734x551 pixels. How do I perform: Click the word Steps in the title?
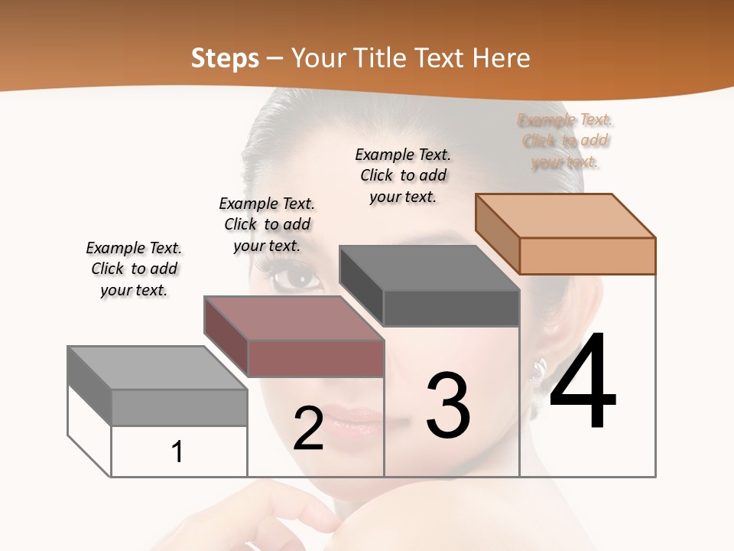click(x=225, y=58)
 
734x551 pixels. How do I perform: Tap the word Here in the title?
click(x=501, y=58)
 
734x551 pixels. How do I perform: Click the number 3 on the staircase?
click(x=448, y=406)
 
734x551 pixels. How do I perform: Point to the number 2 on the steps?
click(x=308, y=429)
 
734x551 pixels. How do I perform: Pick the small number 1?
click(x=177, y=452)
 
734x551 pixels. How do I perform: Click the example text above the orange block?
click(x=566, y=141)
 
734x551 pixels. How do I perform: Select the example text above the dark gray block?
click(x=403, y=175)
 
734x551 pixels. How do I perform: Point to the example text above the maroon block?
click(x=267, y=224)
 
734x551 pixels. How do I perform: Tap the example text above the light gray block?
click(x=134, y=269)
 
